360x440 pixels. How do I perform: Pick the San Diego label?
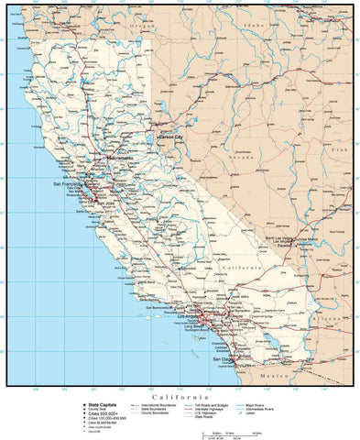[224, 359]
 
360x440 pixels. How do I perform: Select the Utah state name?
[340, 148]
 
